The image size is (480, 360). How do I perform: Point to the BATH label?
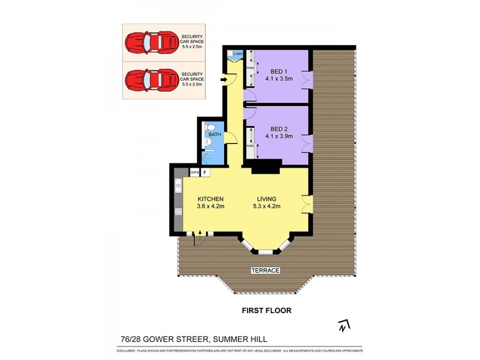[215, 134]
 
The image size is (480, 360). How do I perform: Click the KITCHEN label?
[210, 199]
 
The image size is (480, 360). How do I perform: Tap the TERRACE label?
[265, 271]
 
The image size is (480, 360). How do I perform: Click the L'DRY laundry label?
[237, 55]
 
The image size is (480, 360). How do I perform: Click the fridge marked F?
[205, 173]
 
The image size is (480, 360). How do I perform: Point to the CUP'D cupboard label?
[194, 173]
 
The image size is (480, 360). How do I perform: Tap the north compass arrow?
[343, 326]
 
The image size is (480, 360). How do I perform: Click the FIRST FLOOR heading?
[266, 311]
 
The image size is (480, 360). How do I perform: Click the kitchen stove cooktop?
[178, 211]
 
